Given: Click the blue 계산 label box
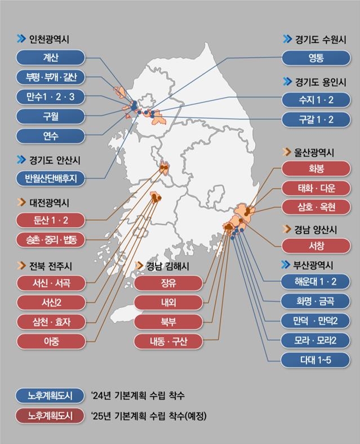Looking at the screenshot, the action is (x=50, y=57).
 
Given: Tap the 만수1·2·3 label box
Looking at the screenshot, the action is (x=50, y=97).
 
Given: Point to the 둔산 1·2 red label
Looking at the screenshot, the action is (x=50, y=220).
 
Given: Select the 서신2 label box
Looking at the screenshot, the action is (x=50, y=303).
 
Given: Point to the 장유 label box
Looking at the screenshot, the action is (x=168, y=283).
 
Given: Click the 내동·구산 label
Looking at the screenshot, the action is (x=168, y=341).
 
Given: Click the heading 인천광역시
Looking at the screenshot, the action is (x=56, y=39).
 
